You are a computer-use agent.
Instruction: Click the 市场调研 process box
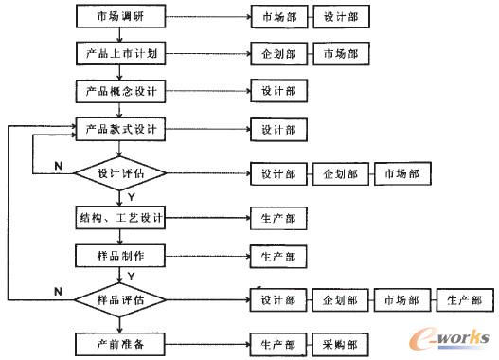click(x=120, y=17)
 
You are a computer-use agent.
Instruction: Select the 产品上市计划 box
click(x=120, y=54)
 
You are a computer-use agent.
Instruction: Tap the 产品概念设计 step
click(x=120, y=91)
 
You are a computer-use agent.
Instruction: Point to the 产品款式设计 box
click(x=120, y=129)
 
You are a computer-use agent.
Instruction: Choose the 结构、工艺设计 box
click(x=120, y=219)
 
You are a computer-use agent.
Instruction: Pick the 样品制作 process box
click(x=120, y=256)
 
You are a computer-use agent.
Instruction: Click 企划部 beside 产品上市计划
click(x=278, y=54)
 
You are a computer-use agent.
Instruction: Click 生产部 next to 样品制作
click(x=278, y=256)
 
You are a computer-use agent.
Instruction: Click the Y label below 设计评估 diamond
click(x=131, y=197)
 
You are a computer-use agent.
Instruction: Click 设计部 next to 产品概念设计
click(x=278, y=91)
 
